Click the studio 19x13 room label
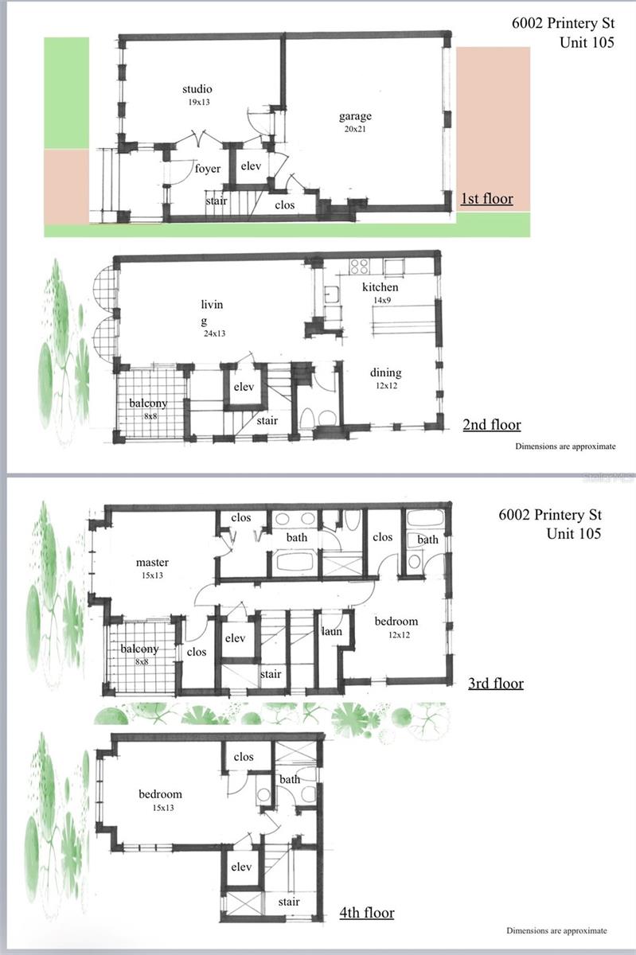[197, 94]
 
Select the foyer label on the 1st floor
[207, 169]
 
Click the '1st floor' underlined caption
[486, 199]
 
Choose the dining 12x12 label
[385, 378]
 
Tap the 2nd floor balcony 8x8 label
[148, 408]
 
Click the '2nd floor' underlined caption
[491, 425]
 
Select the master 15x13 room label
[151, 568]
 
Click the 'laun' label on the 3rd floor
[331, 631]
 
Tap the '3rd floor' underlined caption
[495, 683]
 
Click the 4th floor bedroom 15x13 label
[160, 799]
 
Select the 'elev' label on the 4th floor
[241, 867]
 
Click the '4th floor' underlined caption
[365, 912]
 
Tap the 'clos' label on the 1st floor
[284, 205]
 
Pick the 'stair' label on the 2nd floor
[267, 420]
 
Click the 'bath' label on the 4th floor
[290, 779]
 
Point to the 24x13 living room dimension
[214, 333]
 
